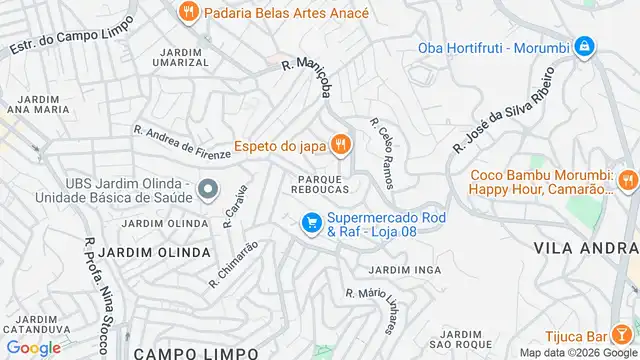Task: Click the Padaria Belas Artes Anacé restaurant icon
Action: click(x=187, y=13)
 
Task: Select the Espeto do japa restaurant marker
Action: click(x=341, y=146)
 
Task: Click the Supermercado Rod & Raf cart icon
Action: click(x=311, y=223)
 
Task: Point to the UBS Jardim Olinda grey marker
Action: click(x=208, y=188)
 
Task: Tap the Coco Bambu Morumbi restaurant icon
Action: click(x=627, y=180)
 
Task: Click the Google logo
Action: click(x=32, y=347)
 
